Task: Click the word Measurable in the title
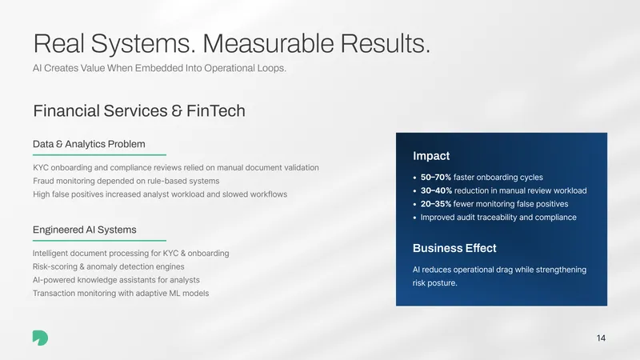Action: click(x=268, y=43)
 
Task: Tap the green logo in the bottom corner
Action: click(x=41, y=338)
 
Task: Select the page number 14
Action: click(x=601, y=338)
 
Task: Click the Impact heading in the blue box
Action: click(x=431, y=156)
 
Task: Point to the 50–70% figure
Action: click(x=436, y=177)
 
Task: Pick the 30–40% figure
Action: click(x=436, y=190)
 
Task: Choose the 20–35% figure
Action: click(x=436, y=204)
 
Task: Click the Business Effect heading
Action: click(x=454, y=248)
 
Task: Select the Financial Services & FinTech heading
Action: click(x=139, y=111)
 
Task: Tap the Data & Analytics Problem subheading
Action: click(x=89, y=144)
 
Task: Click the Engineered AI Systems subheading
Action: click(x=85, y=230)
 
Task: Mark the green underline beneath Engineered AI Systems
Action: click(x=99, y=241)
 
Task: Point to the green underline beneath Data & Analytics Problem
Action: click(x=99, y=154)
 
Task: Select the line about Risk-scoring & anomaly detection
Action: click(x=109, y=266)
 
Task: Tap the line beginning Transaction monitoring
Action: click(x=121, y=294)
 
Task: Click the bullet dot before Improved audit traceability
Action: click(x=414, y=218)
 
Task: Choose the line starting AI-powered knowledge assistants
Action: click(x=116, y=280)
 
